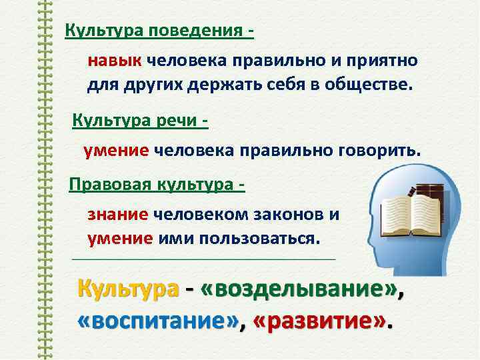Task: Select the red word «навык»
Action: click(x=114, y=61)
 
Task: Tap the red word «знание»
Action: click(x=117, y=215)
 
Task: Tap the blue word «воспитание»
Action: click(x=159, y=321)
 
